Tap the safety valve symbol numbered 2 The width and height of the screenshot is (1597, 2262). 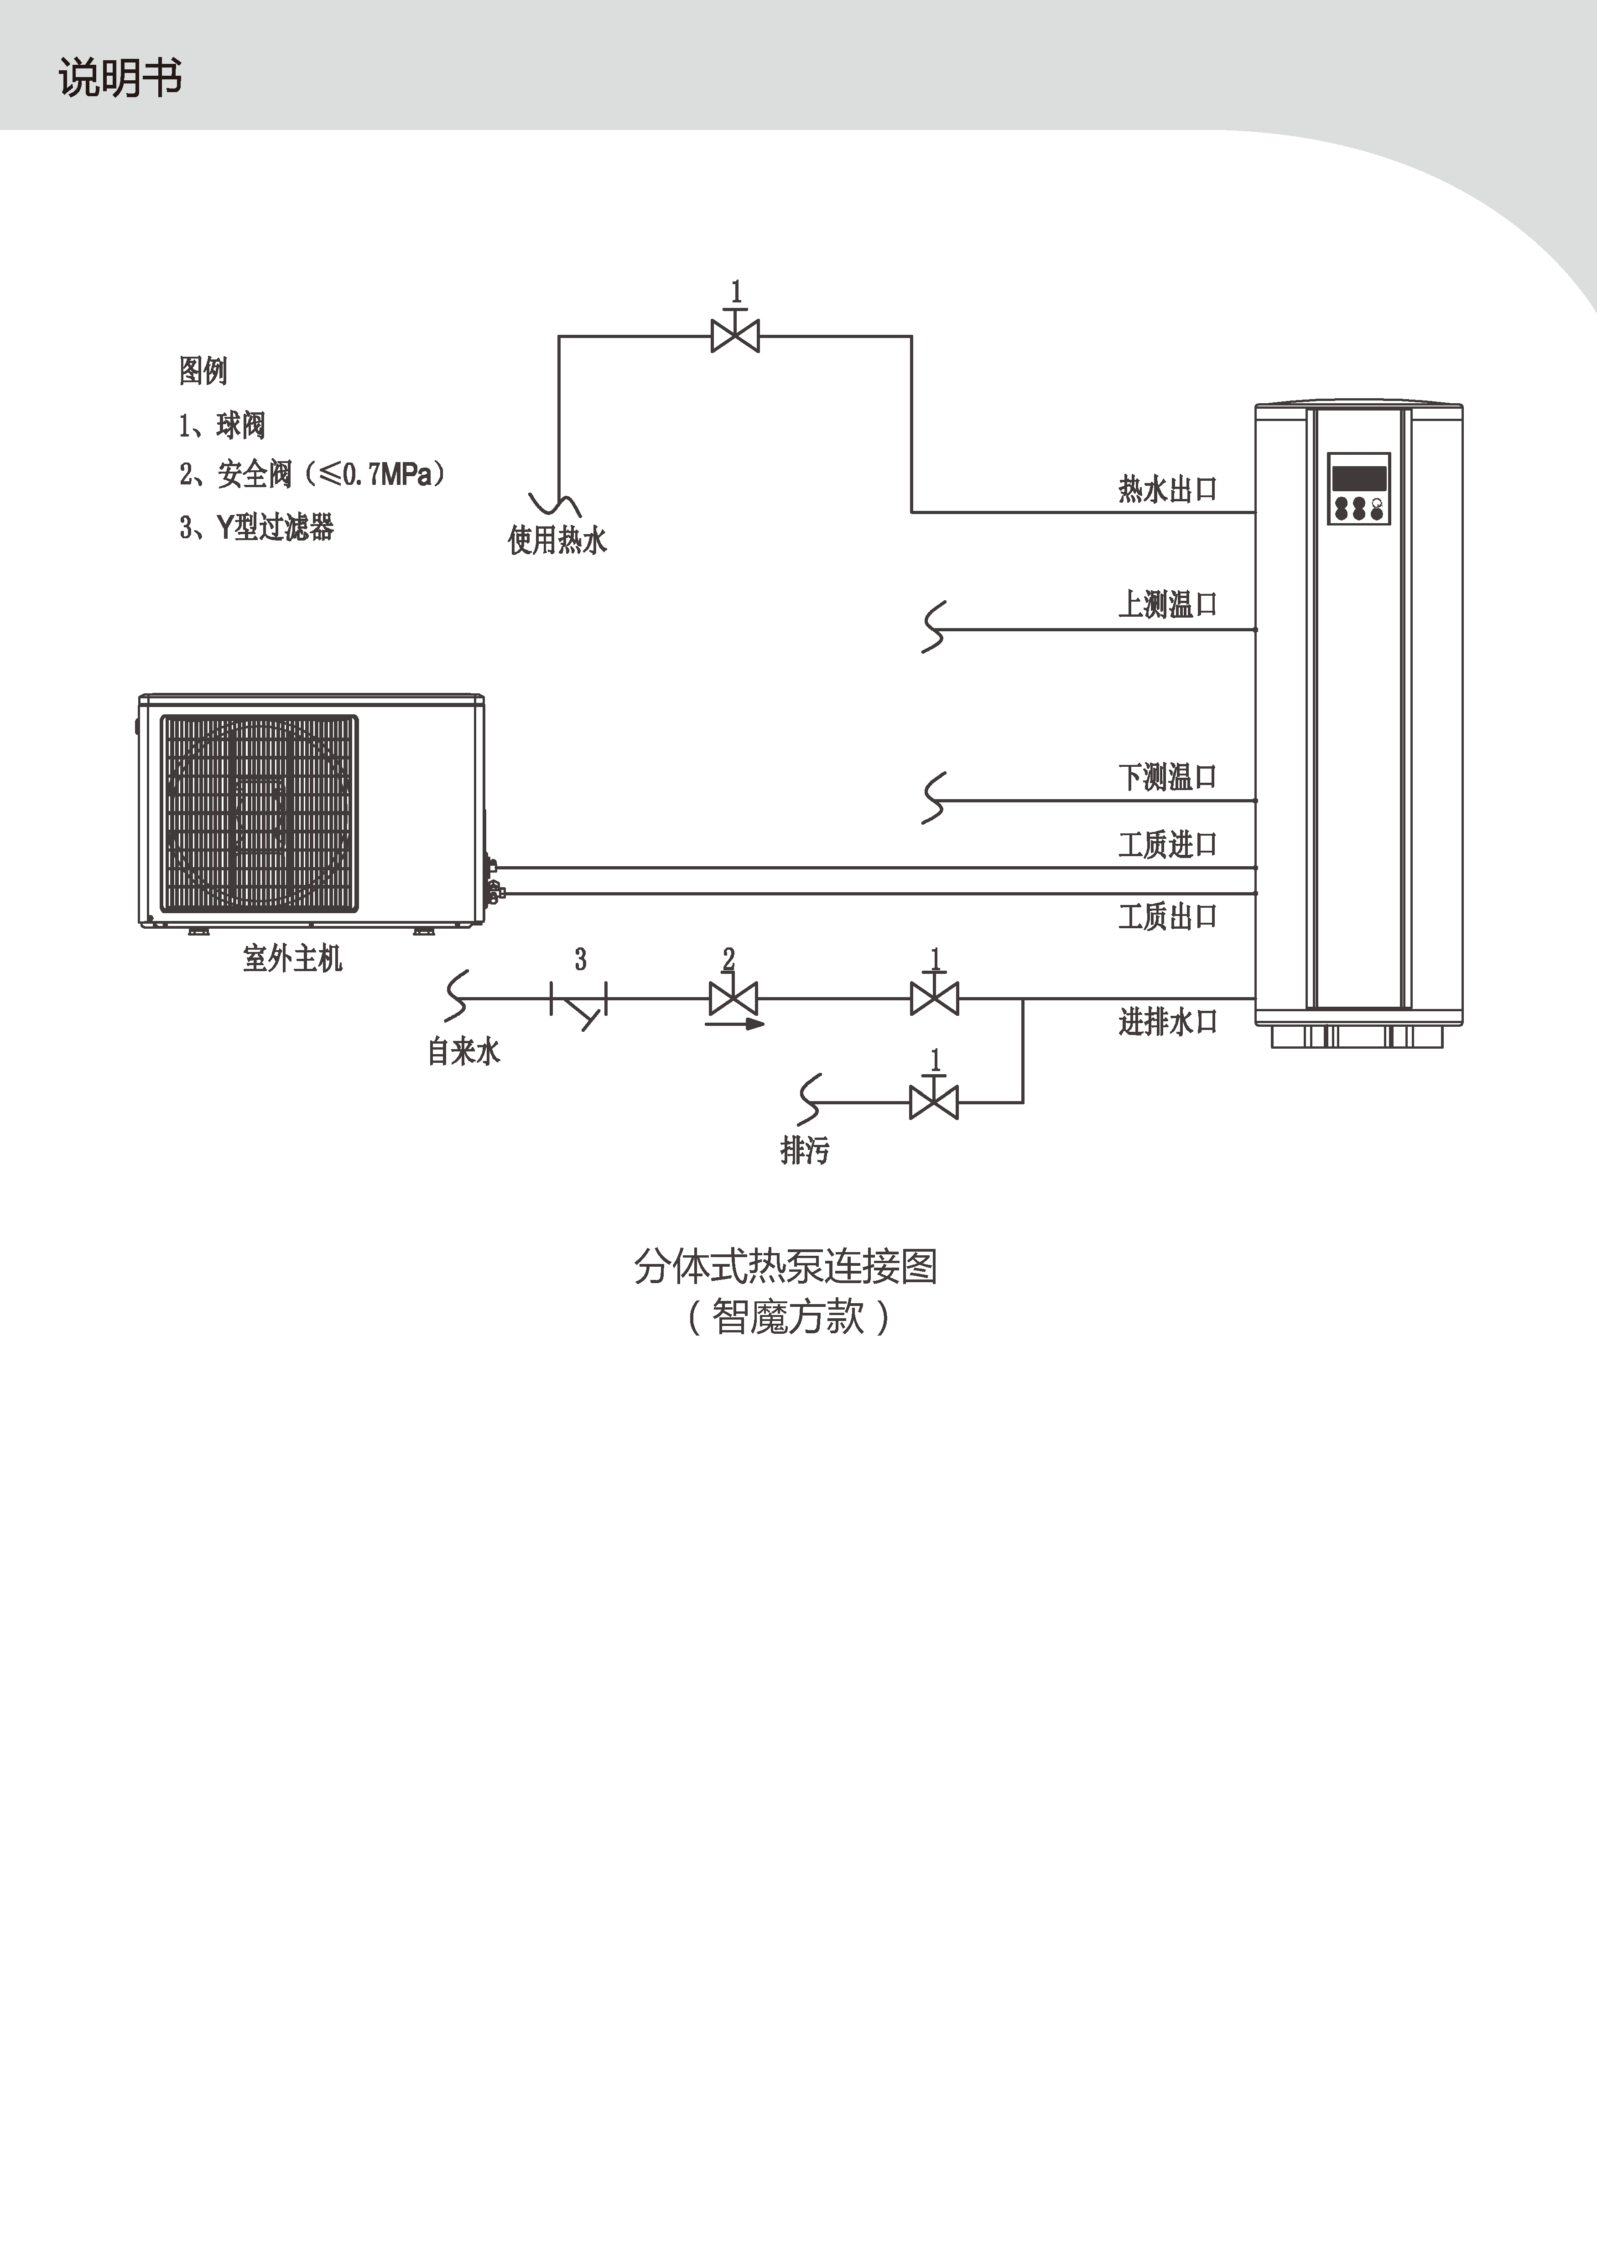click(x=733, y=999)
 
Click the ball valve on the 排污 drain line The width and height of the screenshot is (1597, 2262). click(x=934, y=1102)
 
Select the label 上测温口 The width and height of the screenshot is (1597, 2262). click(x=1167, y=604)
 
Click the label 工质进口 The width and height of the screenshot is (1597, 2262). click(x=1167, y=844)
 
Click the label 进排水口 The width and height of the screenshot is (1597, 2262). click(x=1167, y=1022)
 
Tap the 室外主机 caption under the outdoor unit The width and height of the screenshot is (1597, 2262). click(x=292, y=957)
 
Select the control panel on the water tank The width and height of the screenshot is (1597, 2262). click(x=1358, y=489)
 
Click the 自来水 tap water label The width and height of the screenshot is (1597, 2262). click(x=463, y=1051)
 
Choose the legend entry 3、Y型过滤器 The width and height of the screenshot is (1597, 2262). click(x=256, y=527)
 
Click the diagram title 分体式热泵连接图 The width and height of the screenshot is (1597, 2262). click(x=785, y=1266)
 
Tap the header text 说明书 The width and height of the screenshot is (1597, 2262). click(x=120, y=77)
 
